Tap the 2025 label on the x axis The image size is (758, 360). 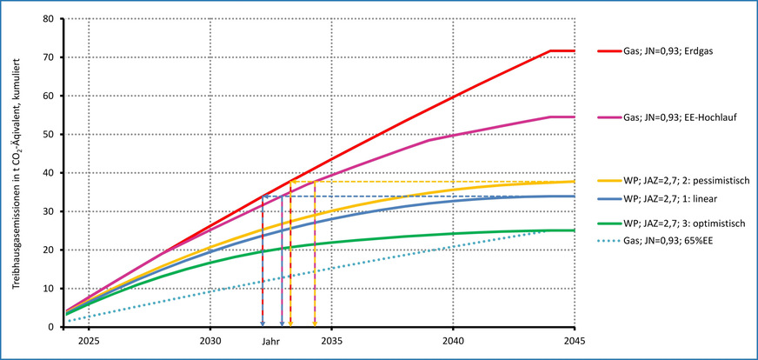pos(88,343)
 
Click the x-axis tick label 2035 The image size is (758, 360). pos(330,343)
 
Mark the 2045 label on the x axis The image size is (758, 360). pos(573,343)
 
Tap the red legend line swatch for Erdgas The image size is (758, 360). pos(607,51)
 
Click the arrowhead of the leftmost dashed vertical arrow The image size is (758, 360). pos(263,323)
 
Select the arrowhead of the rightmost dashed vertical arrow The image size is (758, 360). pos(315,323)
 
